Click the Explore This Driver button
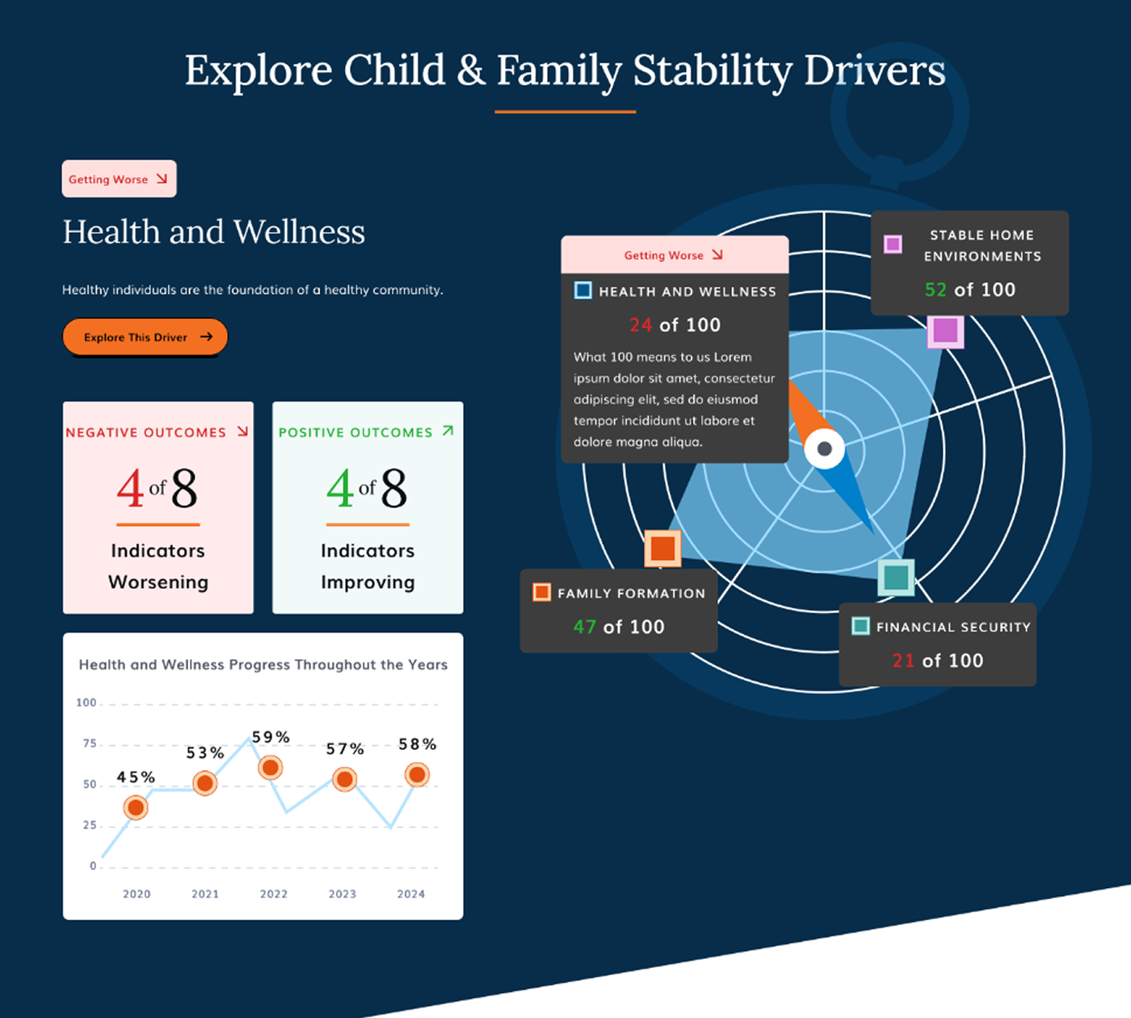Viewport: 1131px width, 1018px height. coord(145,337)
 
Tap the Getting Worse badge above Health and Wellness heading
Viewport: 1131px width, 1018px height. coord(119,179)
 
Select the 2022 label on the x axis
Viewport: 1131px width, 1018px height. coord(273,894)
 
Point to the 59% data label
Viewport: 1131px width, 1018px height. coord(271,737)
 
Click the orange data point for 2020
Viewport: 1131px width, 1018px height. coord(136,808)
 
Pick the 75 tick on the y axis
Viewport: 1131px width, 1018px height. coord(90,743)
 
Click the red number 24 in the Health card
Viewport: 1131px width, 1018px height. coord(641,325)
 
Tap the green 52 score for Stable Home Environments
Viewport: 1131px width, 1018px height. coord(935,289)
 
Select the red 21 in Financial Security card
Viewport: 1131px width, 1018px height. coord(903,660)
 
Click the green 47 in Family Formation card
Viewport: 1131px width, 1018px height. coord(585,627)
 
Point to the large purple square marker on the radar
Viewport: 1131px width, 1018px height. coord(945,330)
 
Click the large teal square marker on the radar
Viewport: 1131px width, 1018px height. coord(896,578)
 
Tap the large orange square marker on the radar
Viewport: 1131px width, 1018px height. coord(662,549)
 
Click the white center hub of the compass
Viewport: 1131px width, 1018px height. coord(824,449)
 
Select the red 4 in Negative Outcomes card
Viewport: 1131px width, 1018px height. coord(130,489)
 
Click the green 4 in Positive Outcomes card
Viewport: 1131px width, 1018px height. coord(340,489)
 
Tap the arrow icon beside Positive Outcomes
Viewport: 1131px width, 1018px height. coord(448,431)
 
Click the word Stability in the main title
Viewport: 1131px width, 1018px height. coord(713,71)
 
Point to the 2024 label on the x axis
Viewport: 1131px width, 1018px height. coord(411,894)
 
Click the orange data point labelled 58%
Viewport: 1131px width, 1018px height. coord(417,775)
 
